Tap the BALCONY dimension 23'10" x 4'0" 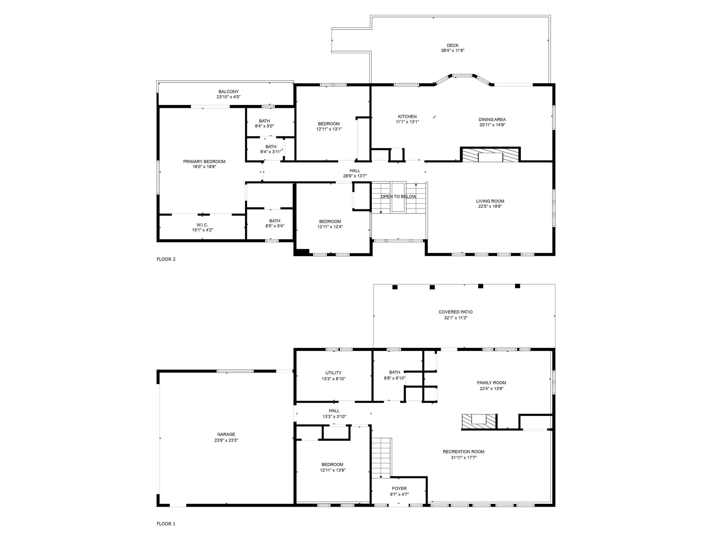228,97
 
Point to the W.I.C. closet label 202,225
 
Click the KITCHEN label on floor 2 407,117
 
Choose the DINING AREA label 492,120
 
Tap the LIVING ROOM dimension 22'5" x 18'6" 490,206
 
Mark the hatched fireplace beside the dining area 490,155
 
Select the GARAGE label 226,434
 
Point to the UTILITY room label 333,373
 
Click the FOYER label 399,488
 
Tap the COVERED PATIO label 456,312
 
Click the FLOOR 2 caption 166,259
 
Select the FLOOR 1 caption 166,524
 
